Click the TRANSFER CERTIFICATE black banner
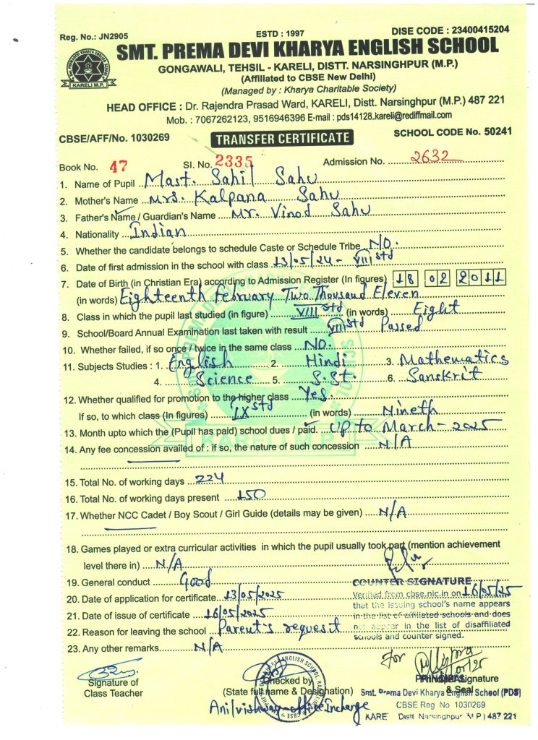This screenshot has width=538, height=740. tap(281, 138)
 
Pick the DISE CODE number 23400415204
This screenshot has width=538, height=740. tap(472, 30)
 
